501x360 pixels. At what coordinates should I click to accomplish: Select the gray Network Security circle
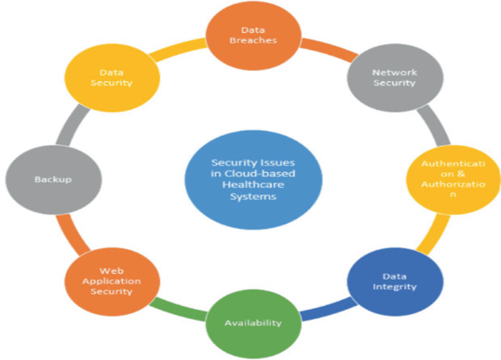(x=393, y=78)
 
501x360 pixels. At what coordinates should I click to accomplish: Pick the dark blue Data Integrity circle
(x=399, y=281)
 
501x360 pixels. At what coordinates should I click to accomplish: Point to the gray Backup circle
(x=42, y=179)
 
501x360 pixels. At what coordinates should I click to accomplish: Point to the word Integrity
(x=399, y=287)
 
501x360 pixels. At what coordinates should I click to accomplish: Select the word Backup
(x=42, y=179)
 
